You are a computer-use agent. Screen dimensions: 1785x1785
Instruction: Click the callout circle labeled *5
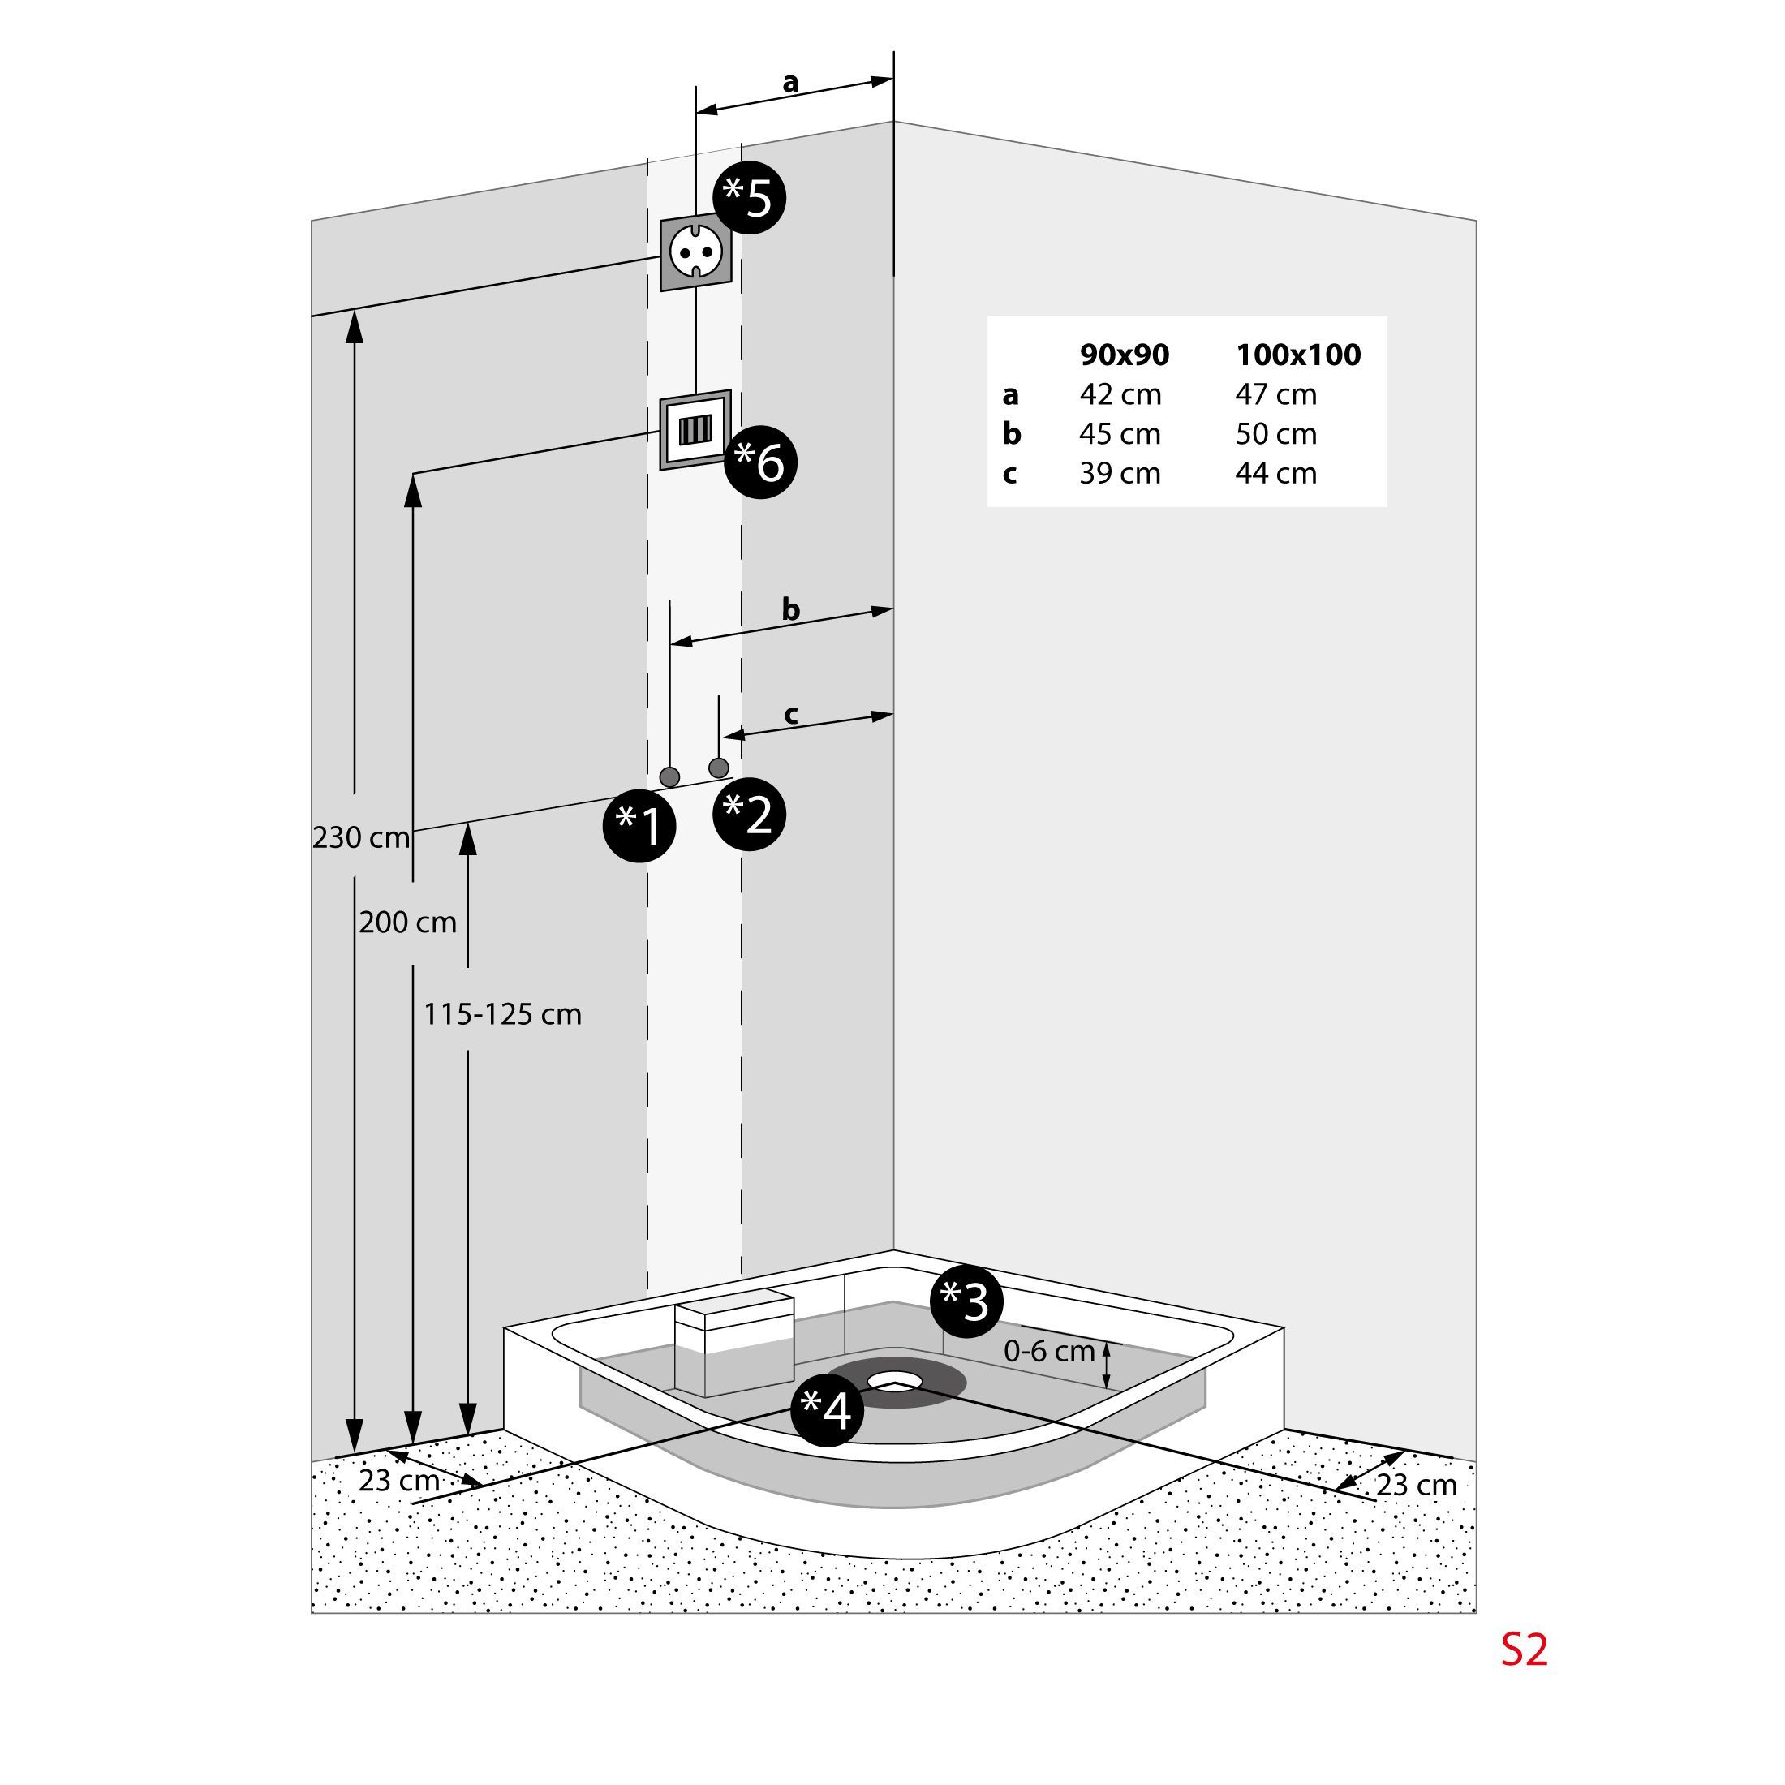[749, 198]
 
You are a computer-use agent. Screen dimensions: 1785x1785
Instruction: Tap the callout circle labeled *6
[760, 462]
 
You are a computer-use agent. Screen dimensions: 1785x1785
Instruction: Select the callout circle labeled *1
[639, 825]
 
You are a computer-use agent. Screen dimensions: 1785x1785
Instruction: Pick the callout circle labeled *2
[749, 815]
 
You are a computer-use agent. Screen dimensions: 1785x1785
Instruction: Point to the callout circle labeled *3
[966, 1301]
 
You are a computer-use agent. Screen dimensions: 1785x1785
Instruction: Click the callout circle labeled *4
[827, 1411]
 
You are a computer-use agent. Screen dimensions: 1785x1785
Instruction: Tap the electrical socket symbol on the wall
[695, 252]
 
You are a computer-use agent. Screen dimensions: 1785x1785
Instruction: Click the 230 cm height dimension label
[360, 838]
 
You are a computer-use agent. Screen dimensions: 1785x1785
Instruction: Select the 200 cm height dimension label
[407, 922]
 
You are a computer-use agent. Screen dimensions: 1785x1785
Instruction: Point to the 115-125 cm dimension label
[502, 1014]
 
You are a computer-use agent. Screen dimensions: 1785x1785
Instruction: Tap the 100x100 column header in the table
[1298, 355]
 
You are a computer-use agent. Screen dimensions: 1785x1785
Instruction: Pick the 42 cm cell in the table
[1120, 394]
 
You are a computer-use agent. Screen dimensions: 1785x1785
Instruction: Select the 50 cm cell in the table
[1276, 434]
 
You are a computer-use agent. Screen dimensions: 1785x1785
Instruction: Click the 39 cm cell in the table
[1120, 473]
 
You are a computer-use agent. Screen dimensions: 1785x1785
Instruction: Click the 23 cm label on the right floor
[1417, 1485]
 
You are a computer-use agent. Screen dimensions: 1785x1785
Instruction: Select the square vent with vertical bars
[695, 430]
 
